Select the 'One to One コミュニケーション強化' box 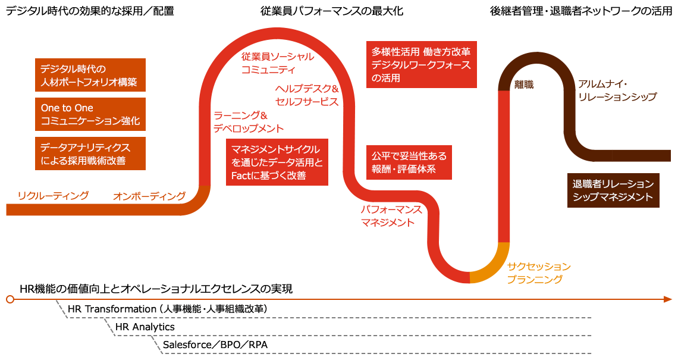90,114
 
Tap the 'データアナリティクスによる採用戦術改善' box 90,154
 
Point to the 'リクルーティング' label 53,195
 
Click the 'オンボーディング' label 149,196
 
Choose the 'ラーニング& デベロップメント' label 248,122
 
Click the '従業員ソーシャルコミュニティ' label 277,63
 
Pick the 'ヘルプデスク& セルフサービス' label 307,95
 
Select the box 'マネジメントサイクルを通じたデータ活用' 277,162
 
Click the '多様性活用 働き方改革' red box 421,64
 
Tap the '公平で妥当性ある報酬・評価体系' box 409,162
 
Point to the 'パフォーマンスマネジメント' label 391,216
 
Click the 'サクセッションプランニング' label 539,272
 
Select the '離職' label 524,85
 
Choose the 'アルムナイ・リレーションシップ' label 617,90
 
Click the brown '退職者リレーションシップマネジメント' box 613,190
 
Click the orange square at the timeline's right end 668,299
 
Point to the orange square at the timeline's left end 10,299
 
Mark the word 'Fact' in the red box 239,176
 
